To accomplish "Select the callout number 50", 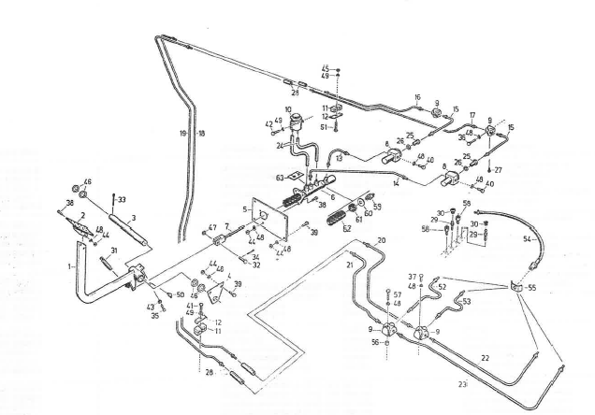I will tap(181, 294).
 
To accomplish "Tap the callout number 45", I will tap(326, 68).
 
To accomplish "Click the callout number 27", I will tap(499, 169).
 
